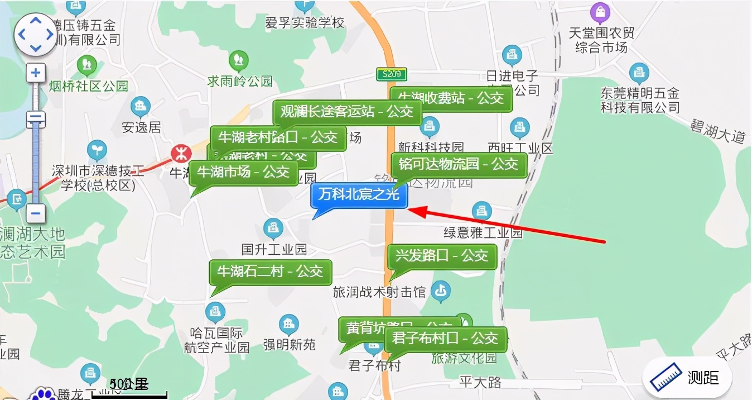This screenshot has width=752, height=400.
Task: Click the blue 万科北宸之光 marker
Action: pyautogui.click(x=359, y=196)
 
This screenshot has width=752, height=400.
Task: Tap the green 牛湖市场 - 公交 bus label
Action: pyautogui.click(x=243, y=172)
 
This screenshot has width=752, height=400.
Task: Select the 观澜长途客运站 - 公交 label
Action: pyautogui.click(x=346, y=112)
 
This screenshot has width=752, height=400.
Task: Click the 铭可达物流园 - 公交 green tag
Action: pyautogui.click(x=458, y=164)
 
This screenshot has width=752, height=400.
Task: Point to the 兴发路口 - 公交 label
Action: pyautogui.click(x=441, y=256)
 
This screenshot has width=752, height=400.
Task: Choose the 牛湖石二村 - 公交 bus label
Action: pyautogui.click(x=270, y=272)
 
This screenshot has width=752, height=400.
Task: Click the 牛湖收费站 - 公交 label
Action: pyautogui.click(x=451, y=98)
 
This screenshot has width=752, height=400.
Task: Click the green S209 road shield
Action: pyautogui.click(x=391, y=74)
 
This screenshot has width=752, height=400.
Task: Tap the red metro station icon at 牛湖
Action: pyautogui.click(x=180, y=152)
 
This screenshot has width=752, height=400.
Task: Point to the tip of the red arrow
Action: pyautogui.click(x=410, y=210)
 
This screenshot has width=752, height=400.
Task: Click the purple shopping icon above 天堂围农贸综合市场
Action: pyautogui.click(x=600, y=11)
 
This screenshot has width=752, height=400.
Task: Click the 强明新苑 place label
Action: pyautogui.click(x=289, y=345)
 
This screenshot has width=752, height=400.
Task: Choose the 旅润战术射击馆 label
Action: pyautogui.click(x=379, y=292)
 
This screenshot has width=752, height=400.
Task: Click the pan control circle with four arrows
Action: pyautogui.click(x=35, y=34)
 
